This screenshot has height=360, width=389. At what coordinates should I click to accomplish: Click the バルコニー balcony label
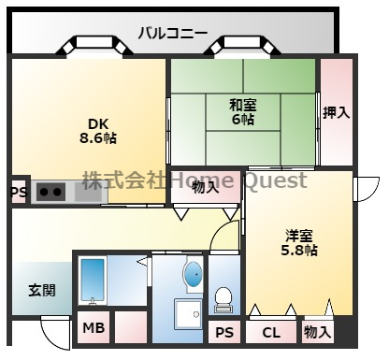(172, 33)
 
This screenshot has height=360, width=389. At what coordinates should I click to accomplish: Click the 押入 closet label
(337, 113)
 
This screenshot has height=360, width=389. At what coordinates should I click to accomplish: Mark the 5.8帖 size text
(299, 250)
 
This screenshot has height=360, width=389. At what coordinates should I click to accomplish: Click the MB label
(92, 328)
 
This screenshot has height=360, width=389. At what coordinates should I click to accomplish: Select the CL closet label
(270, 332)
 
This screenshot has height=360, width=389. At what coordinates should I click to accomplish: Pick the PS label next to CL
(224, 332)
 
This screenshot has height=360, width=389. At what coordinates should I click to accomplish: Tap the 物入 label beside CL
(317, 332)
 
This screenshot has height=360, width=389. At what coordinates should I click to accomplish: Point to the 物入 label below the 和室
(205, 186)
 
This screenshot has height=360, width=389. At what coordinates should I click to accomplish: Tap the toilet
(224, 298)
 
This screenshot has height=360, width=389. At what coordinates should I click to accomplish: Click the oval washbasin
(193, 275)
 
